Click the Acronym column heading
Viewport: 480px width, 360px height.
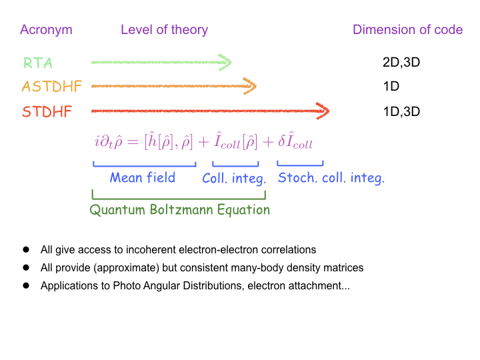click(x=46, y=30)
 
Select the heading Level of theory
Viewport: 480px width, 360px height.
click(x=164, y=30)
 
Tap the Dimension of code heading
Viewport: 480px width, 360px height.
click(x=407, y=30)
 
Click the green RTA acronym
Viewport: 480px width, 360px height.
click(x=37, y=63)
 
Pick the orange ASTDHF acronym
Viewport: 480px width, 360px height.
click(x=51, y=87)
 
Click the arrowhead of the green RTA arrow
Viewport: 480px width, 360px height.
click(x=225, y=63)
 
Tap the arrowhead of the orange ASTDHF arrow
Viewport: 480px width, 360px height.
click(x=251, y=86)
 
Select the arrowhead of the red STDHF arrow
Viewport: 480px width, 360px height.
click(x=323, y=111)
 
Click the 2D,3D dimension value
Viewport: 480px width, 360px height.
click(x=401, y=63)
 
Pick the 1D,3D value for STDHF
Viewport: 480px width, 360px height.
click(x=401, y=111)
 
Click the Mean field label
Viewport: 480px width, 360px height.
click(x=142, y=177)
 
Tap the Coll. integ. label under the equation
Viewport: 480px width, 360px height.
click(x=234, y=178)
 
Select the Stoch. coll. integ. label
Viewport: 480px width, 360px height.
click(x=331, y=178)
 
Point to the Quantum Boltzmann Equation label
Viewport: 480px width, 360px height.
click(x=179, y=210)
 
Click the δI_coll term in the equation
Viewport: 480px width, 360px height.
click(x=295, y=142)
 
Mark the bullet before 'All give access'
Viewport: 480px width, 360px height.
click(x=27, y=250)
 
